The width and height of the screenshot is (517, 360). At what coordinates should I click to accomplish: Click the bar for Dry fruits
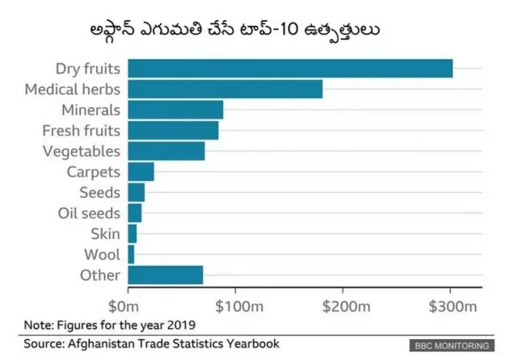[x=290, y=69]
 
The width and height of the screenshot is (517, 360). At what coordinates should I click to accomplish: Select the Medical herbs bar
[x=225, y=89]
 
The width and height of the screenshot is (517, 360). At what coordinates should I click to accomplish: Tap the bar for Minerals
[x=175, y=110]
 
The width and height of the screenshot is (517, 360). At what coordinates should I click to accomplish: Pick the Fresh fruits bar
[x=173, y=130]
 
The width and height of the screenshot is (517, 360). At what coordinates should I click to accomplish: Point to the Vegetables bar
[x=166, y=151]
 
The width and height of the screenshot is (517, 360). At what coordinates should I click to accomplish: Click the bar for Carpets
[x=141, y=172]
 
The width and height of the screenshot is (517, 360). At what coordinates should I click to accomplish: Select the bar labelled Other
[x=166, y=275]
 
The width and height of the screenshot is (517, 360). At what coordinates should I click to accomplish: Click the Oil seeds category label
[x=89, y=213]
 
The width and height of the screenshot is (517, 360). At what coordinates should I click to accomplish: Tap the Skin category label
[x=105, y=234]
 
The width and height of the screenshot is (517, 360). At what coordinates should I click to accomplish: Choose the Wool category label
[x=103, y=255]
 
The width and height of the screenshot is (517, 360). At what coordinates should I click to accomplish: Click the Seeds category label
[x=99, y=193]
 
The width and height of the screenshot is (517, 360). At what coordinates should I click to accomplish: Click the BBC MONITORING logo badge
[x=452, y=345]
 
